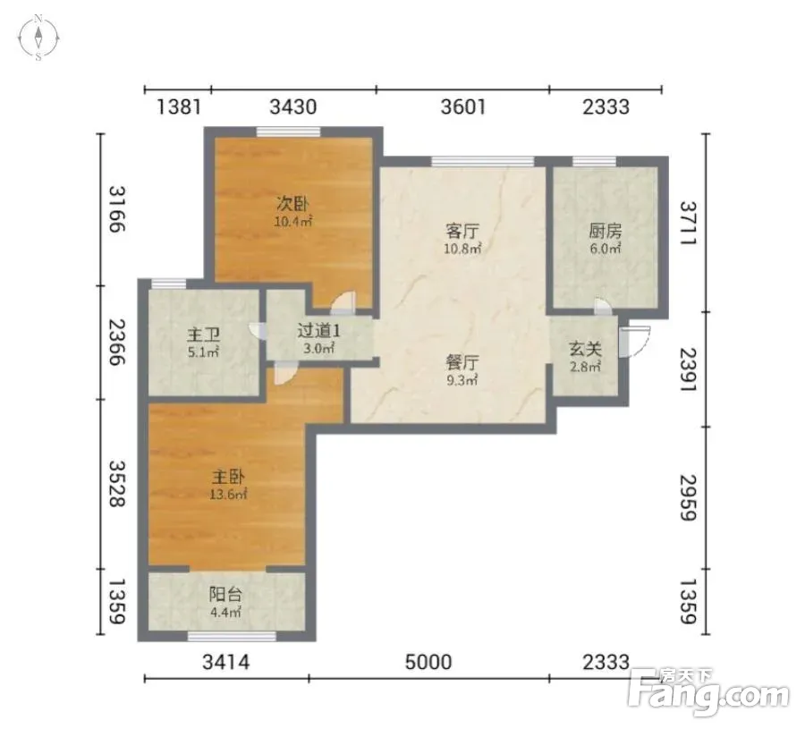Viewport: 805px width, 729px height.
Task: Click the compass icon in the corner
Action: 38,38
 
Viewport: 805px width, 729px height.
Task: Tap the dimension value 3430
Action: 293,106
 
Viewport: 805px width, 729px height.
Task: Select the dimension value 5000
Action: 428,662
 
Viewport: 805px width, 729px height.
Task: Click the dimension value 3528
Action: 117,484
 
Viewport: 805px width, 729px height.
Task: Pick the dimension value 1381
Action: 178,106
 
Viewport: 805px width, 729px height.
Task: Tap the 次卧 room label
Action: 293,204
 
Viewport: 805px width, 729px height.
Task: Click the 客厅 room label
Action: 462,231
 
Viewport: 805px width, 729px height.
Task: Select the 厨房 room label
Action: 606,231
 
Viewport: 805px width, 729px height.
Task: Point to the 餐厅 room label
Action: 462,362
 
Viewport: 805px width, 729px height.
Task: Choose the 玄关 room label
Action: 585,350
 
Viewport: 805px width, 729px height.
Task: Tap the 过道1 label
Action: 318,331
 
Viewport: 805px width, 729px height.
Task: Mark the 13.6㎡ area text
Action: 228,495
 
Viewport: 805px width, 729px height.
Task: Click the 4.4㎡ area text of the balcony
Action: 225,612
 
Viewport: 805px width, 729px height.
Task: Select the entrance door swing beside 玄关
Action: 634,341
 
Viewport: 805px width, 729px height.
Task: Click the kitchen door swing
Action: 603,306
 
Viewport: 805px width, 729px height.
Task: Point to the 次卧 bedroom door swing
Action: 343,303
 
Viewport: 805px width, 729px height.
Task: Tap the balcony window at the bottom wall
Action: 232,637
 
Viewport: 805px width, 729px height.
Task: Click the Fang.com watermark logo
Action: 709,692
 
